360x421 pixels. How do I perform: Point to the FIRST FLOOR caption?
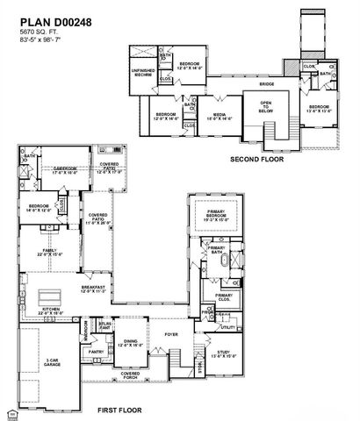tap(120, 410)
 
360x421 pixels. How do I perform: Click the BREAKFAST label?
tap(93, 289)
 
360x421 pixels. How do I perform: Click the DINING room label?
tap(130, 343)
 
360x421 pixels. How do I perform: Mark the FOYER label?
tap(171, 333)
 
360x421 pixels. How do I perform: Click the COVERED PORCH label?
tap(130, 375)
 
